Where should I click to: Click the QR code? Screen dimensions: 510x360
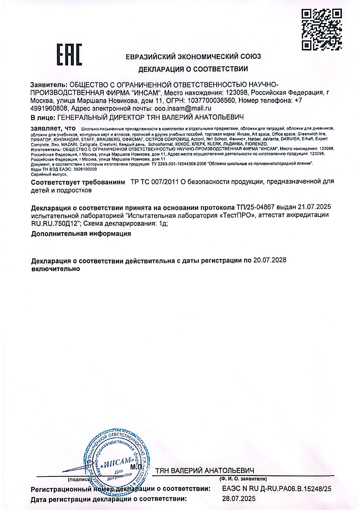click(322, 29)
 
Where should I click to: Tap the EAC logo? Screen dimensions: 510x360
click(69, 54)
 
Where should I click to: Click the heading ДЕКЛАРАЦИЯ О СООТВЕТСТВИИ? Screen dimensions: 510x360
click(193, 69)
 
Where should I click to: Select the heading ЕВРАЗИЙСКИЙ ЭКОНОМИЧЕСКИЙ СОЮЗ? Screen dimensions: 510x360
click(193, 56)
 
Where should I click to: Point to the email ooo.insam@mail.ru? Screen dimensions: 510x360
click(183, 108)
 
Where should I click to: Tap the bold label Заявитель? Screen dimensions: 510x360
click(49, 85)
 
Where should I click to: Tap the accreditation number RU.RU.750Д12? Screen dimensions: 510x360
click(56, 223)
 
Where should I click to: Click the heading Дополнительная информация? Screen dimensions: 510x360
click(81, 234)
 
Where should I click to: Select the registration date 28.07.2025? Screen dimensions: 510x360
click(239, 499)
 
